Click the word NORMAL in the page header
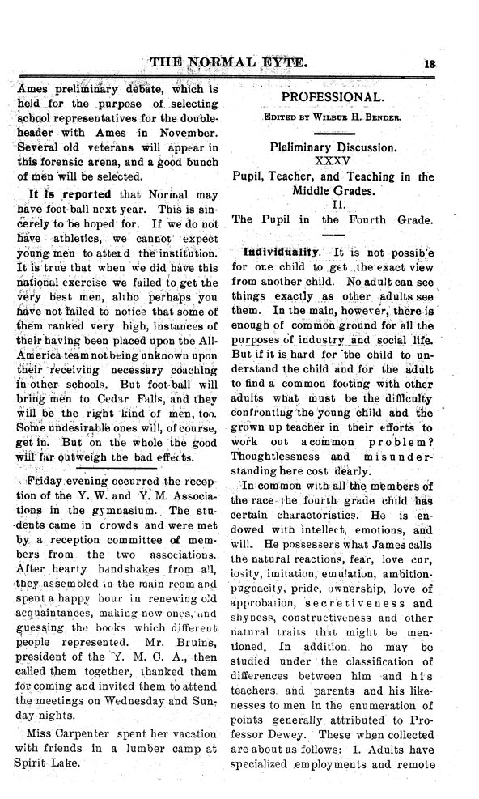(x=224, y=62)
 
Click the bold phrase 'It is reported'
(x=62, y=194)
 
